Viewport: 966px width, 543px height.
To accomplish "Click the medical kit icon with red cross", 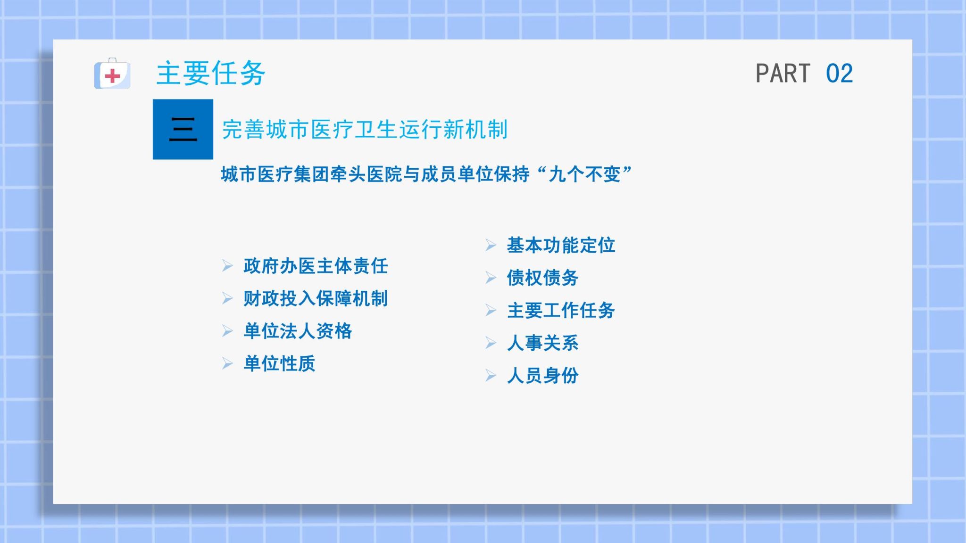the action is [112, 74].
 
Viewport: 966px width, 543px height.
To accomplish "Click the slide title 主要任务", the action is [211, 73].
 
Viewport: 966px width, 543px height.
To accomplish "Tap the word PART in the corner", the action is [783, 74].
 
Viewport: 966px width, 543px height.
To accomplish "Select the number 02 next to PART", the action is [839, 74].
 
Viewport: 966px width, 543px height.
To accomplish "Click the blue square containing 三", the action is [183, 129].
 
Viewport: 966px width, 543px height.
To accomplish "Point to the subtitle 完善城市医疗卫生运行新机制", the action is [365, 130].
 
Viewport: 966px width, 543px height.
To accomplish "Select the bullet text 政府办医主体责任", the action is [316, 266].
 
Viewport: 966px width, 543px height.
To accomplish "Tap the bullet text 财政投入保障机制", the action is [316, 298].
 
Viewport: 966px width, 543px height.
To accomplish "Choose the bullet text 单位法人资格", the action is [298, 331].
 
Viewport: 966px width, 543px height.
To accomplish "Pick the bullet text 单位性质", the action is [279, 363].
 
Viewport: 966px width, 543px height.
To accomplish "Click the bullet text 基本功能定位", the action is [561, 245].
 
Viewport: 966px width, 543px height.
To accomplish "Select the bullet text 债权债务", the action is [542, 278].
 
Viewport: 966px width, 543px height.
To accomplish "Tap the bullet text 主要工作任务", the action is [561, 310].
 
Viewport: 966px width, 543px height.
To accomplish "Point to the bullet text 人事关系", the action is [542, 343].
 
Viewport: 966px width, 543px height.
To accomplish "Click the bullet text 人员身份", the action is [542, 375].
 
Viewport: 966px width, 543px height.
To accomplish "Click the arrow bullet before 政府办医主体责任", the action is [227, 266].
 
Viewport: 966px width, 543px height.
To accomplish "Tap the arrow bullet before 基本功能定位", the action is [491, 245].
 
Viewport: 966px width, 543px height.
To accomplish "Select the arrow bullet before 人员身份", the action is [491, 375].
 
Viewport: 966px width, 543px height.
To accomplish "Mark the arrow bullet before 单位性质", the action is [227, 363].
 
